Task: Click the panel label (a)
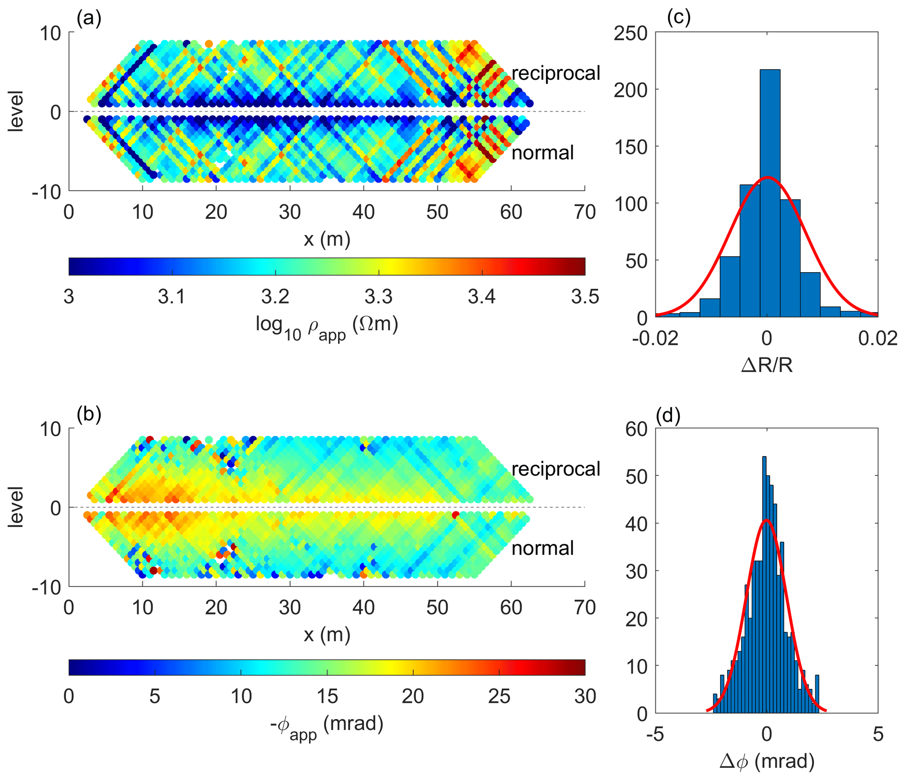pyautogui.click(x=89, y=19)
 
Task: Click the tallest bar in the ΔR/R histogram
pyautogui.click(x=770, y=193)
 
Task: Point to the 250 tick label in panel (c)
pyautogui.click(x=630, y=33)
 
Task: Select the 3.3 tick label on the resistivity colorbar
pyautogui.click(x=378, y=297)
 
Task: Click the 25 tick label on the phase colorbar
pyautogui.click(x=499, y=696)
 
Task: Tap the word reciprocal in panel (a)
pyautogui.click(x=556, y=73)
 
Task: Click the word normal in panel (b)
pyautogui.click(x=542, y=548)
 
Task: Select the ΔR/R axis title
pyautogui.click(x=767, y=365)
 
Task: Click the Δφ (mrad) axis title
pyautogui.click(x=767, y=761)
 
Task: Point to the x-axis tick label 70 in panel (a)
pyautogui.click(x=585, y=212)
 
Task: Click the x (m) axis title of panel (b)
pyautogui.click(x=327, y=634)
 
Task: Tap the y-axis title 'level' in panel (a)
pyautogui.click(x=16, y=111)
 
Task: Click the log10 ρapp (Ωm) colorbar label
pyautogui.click(x=327, y=327)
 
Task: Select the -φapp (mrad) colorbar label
pyautogui.click(x=327, y=725)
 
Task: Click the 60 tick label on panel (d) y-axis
pyautogui.click(x=636, y=429)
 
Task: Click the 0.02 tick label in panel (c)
pyautogui.click(x=878, y=338)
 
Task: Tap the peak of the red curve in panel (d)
pyautogui.click(x=766, y=520)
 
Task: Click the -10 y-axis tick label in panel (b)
pyautogui.click(x=46, y=587)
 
